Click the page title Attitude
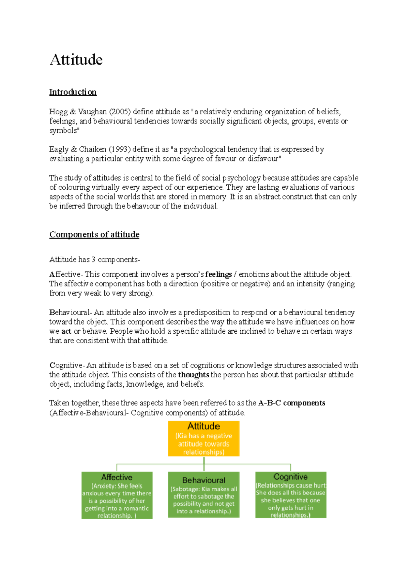point(76,60)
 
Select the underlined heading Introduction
point(73,92)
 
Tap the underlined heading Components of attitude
point(94,234)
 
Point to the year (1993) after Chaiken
point(120,149)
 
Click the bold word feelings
point(218,274)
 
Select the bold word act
point(66,331)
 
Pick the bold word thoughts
point(194,375)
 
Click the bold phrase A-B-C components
point(291,403)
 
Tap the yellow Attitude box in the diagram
point(203,438)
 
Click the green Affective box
point(117,495)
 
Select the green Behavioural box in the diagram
point(203,495)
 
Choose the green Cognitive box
point(291,495)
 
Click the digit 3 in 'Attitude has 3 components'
point(93,260)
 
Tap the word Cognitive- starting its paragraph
point(67,365)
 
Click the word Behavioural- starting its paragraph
point(70,312)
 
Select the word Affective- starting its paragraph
point(66,274)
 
